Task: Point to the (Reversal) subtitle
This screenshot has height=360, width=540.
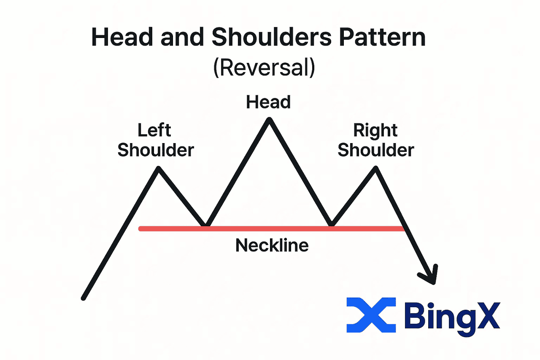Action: coord(264,68)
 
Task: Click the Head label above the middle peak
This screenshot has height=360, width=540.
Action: coord(268,102)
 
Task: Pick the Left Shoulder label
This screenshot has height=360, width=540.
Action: coord(155,140)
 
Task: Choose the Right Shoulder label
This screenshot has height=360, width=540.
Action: coord(375,140)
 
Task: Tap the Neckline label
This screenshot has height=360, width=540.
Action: coord(272,245)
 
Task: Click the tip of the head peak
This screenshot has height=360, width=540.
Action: coord(269,120)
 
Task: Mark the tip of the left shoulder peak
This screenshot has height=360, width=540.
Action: coord(159,168)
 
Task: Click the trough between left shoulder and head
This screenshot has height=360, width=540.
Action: coord(205,225)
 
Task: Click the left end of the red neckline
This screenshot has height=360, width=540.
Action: coord(140,229)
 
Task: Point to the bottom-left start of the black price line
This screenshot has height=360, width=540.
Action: coord(84,298)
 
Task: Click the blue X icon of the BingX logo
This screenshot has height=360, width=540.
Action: coord(371,315)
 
